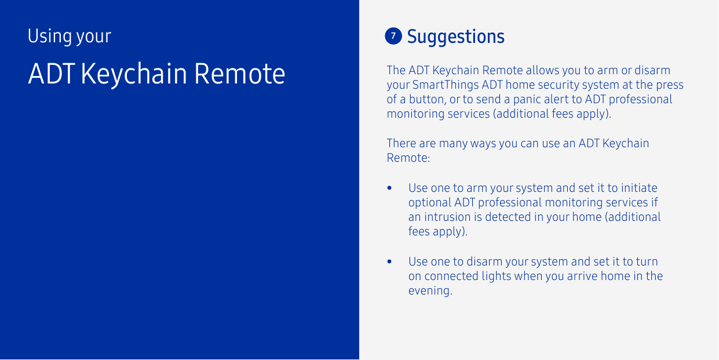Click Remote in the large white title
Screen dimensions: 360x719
click(x=239, y=74)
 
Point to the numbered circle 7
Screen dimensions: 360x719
click(x=393, y=36)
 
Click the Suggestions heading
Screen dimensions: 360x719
click(x=456, y=37)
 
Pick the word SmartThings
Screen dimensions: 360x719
click(x=446, y=85)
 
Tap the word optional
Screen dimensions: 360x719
click(x=430, y=203)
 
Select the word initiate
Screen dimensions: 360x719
click(x=639, y=188)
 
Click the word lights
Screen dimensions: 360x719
click(x=497, y=277)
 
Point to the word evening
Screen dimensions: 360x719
click(x=429, y=291)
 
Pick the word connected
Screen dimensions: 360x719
click(x=451, y=277)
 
